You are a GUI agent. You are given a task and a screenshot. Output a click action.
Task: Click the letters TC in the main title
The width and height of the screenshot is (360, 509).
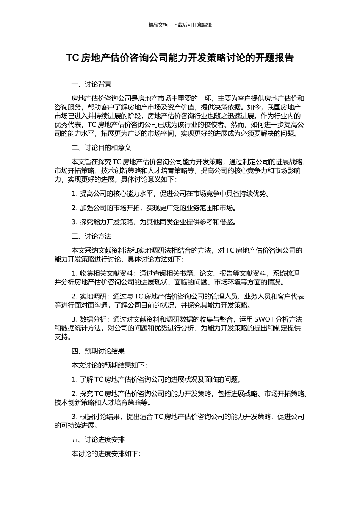(72, 58)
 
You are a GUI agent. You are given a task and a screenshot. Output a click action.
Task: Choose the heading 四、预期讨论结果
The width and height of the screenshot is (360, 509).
(98, 351)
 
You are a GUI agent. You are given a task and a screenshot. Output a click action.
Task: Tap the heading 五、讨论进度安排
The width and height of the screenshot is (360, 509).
(98, 440)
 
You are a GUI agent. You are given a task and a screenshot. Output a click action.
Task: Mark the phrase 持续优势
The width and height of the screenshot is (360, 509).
(253, 194)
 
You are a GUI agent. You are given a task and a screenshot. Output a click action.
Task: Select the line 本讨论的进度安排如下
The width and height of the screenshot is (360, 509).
(106, 454)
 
